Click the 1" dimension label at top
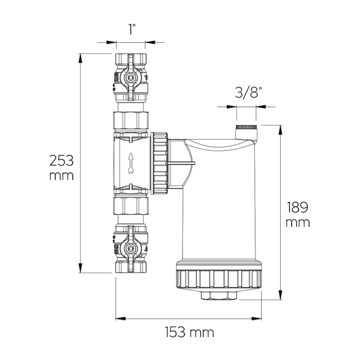130,31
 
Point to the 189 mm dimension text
298,215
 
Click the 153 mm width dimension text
189,333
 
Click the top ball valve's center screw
130,78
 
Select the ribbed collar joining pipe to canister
160,162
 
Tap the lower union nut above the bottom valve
130,207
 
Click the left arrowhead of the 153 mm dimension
119,319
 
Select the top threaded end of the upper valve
130,59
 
